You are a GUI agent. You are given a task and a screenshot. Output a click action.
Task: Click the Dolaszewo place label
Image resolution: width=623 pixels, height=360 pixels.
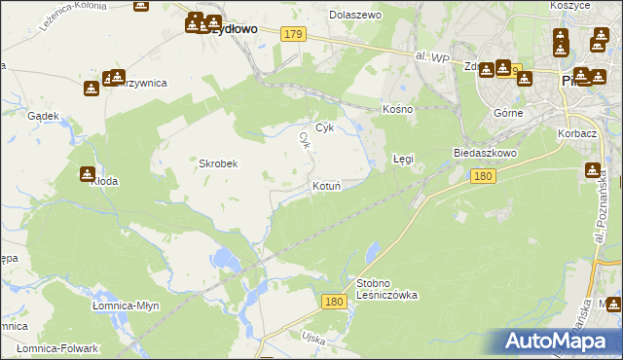[x=355, y=16]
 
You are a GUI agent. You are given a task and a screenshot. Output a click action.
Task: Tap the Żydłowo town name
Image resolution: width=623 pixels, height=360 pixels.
[x=234, y=29]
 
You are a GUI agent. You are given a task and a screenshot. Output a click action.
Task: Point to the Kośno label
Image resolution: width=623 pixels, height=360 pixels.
[x=397, y=109]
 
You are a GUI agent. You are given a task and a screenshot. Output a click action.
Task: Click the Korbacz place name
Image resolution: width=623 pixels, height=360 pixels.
[x=577, y=131]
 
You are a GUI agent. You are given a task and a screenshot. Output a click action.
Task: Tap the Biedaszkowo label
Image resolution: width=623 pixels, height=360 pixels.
[x=484, y=154]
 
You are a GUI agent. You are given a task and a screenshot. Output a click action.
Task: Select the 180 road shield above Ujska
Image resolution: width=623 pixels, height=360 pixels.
[x=334, y=303]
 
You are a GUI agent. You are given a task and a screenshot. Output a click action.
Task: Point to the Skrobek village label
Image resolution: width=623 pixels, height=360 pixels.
[x=219, y=163]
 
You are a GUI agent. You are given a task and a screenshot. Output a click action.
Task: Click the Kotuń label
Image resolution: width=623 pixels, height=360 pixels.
[x=326, y=185]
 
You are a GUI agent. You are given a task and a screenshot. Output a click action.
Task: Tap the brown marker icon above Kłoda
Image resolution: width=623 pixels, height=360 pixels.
[x=87, y=174]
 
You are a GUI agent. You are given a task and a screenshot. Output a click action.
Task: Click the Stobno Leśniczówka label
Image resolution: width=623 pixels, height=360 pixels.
[x=386, y=288]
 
